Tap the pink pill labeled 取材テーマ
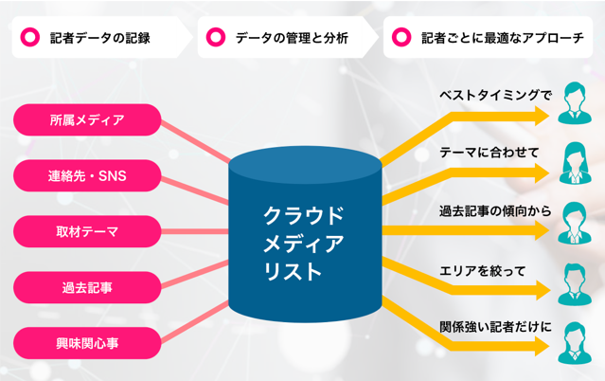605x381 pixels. [x=87, y=229]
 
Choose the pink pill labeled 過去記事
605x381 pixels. [x=87, y=284]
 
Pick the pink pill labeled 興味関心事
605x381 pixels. [x=87, y=339]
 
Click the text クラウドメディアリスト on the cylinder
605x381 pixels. [x=304, y=242]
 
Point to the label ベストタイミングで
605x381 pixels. [x=494, y=96]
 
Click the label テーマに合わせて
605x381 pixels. [x=489, y=152]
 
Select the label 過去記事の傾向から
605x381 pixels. [x=494, y=209]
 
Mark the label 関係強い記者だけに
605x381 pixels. [x=494, y=326]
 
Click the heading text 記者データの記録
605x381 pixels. [x=99, y=40]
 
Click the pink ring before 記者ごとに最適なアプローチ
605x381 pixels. [x=402, y=40]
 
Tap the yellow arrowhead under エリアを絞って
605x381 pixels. [x=542, y=290]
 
